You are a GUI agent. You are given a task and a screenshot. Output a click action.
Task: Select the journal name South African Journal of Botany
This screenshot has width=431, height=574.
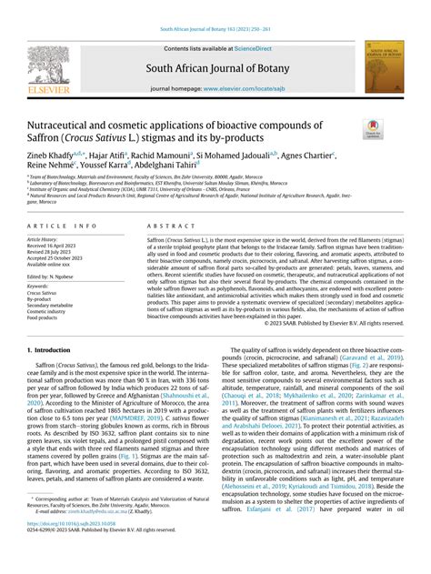coord(215,65)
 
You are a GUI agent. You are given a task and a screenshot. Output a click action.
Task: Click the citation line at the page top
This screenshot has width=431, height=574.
coord(215,30)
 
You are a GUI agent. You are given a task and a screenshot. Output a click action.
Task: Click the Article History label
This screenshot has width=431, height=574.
coord(45,239)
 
